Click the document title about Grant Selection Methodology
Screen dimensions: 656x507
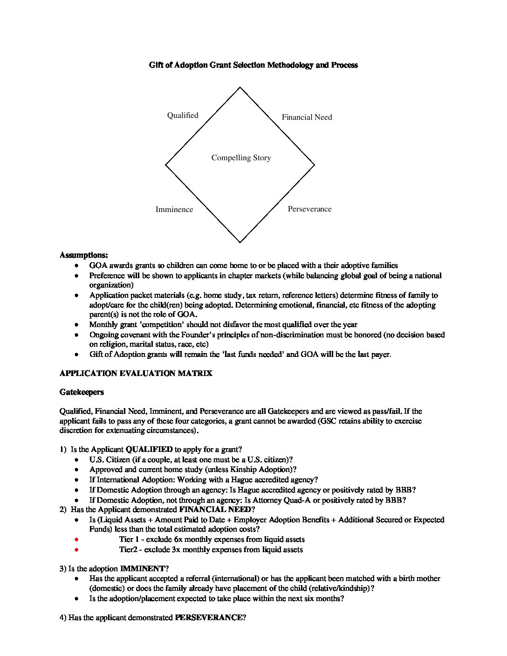pyautogui.click(x=253, y=65)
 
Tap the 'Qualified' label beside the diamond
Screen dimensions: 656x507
pyautogui.click(x=183, y=116)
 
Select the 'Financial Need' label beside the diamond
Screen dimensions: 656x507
pyautogui.click(x=307, y=117)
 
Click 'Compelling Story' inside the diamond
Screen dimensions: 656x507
pyautogui.click(x=241, y=158)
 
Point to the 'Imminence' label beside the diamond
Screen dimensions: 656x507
pyautogui.click(x=174, y=210)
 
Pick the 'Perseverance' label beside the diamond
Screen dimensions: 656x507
pyautogui.click(x=309, y=209)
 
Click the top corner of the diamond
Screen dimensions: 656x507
pyautogui.click(x=240, y=88)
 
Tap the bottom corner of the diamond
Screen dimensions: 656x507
pyautogui.click(x=240, y=242)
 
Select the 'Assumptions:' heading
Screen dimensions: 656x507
pyautogui.click(x=84, y=255)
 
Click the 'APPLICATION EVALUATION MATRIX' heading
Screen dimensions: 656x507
pyautogui.click(x=136, y=374)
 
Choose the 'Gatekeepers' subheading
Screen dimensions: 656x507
pyautogui.click(x=82, y=392)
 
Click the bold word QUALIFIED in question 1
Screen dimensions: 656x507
pyautogui.click(x=149, y=450)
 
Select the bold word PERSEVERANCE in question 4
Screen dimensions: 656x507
pyautogui.click(x=208, y=618)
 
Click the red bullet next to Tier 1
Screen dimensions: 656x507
pyautogui.click(x=76, y=540)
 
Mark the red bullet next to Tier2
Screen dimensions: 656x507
pyautogui.click(x=76, y=550)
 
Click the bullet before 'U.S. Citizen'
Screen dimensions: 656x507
pyautogui.click(x=76, y=460)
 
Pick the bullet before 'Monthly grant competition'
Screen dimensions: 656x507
pyautogui.click(x=76, y=325)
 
